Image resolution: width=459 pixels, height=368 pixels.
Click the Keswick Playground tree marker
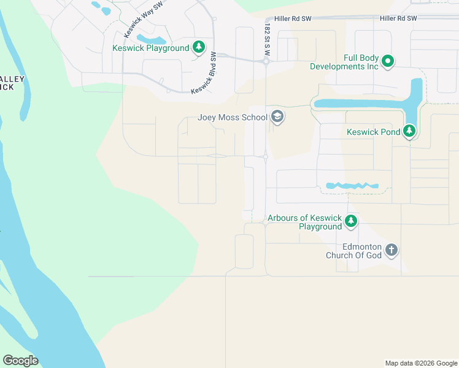[198, 47]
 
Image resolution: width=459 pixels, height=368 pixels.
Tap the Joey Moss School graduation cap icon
[277, 117]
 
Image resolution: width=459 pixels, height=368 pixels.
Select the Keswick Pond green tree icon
[409, 131]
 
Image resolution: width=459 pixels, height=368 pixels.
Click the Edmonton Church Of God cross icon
[391, 250]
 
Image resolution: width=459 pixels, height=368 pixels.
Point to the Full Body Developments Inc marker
[388, 61]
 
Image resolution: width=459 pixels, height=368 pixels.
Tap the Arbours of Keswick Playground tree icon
[350, 221]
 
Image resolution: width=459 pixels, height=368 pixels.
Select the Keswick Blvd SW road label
[204, 74]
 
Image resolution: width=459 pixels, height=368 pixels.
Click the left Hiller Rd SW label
[293, 19]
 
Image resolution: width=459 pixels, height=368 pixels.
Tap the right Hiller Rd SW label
[398, 18]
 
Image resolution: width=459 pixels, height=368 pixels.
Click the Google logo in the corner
[20, 361]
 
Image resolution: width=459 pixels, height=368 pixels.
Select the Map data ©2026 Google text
[421, 363]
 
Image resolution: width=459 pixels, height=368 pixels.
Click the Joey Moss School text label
[233, 117]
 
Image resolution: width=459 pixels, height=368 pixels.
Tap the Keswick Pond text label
[372, 131]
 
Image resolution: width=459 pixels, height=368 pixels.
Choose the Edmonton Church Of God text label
[353, 251]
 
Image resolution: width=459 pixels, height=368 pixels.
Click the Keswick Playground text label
[150, 48]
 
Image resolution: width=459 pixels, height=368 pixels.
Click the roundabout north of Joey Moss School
[266, 61]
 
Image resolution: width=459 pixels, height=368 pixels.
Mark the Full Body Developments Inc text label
[344, 62]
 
